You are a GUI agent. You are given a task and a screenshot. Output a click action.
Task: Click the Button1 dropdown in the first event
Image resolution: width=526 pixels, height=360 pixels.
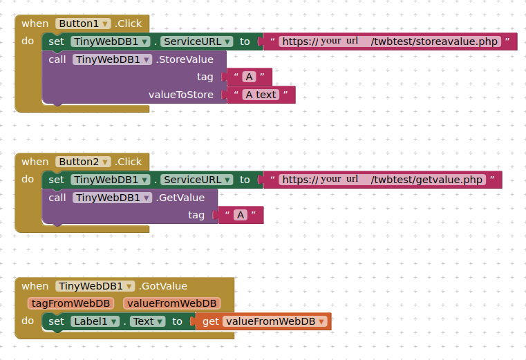click(x=83, y=23)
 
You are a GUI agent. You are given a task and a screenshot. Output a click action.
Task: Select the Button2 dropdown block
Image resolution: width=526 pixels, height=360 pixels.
click(x=83, y=162)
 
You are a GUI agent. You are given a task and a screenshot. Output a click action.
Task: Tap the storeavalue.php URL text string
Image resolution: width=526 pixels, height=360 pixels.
click(x=390, y=41)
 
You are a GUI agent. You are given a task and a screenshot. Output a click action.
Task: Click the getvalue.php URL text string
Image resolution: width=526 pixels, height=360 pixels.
click(x=382, y=180)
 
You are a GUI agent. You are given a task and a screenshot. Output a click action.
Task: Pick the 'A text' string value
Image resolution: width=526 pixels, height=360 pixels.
click(x=261, y=95)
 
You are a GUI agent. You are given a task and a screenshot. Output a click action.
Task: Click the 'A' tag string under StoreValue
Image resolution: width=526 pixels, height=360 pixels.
click(x=250, y=77)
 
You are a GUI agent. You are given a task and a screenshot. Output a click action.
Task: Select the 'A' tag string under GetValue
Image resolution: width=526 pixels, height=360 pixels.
click(x=241, y=215)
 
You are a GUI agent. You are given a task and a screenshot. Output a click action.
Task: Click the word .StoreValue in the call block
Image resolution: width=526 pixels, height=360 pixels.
click(x=185, y=59)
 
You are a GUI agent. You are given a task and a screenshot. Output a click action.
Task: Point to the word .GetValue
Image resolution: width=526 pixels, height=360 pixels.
click(x=180, y=198)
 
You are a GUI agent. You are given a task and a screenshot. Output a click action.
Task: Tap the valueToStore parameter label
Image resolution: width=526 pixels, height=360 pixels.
click(x=181, y=95)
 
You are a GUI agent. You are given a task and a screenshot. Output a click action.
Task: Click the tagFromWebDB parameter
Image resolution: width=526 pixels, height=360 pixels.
click(x=71, y=303)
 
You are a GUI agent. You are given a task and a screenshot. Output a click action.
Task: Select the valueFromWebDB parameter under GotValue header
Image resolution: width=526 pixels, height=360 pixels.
click(x=171, y=303)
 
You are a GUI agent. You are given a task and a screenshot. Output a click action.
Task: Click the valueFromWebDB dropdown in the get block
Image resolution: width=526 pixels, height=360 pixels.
click(x=274, y=321)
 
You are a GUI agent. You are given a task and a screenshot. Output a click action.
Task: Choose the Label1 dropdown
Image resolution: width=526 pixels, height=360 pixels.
click(x=95, y=321)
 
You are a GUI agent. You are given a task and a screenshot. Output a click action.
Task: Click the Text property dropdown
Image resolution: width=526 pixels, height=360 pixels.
click(x=148, y=321)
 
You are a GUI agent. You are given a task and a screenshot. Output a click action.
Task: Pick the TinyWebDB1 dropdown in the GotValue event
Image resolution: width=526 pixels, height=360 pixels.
click(x=95, y=286)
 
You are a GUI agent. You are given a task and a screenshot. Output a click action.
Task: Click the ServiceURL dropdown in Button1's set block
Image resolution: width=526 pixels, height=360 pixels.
click(x=196, y=41)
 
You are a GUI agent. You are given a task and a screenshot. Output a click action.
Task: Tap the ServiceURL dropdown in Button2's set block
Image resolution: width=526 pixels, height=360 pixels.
click(x=196, y=180)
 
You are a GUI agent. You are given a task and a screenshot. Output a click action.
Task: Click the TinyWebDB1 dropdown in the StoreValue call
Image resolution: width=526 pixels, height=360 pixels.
click(x=113, y=59)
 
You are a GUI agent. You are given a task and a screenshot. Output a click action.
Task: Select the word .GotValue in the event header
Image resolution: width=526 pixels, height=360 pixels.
click(x=163, y=286)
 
